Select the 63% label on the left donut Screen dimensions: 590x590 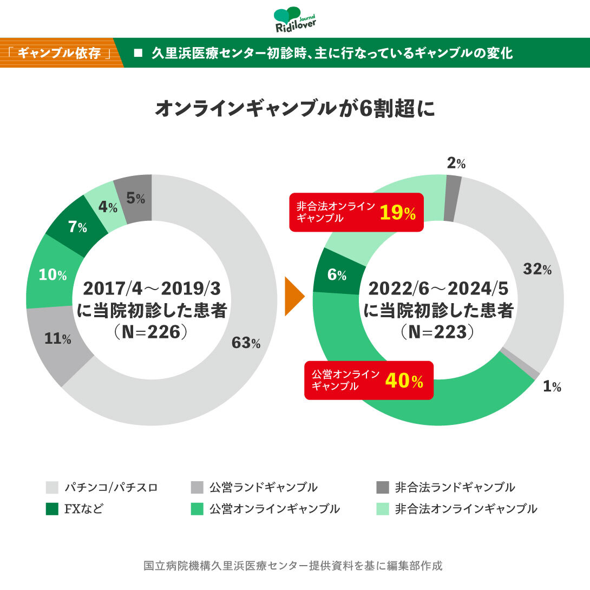[246, 343]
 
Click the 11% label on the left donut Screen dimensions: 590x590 [58, 339]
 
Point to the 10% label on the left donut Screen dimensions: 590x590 [53, 275]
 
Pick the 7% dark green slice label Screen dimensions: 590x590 [77, 227]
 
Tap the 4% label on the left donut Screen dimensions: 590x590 [108, 207]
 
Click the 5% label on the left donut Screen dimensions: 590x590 [135, 199]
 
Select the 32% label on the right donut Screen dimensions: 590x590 [537, 269]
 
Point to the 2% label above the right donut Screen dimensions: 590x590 [456, 164]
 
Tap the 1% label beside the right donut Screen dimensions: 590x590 [552, 386]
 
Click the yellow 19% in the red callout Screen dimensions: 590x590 [397, 213]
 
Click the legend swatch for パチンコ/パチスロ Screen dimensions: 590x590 [52, 487]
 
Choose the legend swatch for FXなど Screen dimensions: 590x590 [52, 509]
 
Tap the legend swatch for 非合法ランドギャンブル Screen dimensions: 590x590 [382, 487]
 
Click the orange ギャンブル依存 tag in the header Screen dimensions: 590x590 [60, 53]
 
